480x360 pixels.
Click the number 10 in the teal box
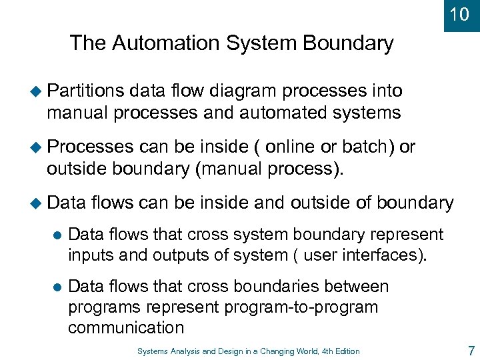[460, 14]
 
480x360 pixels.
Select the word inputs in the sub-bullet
[97, 256]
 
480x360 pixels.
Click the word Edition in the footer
[346, 351]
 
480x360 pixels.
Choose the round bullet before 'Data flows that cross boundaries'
[56, 287]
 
